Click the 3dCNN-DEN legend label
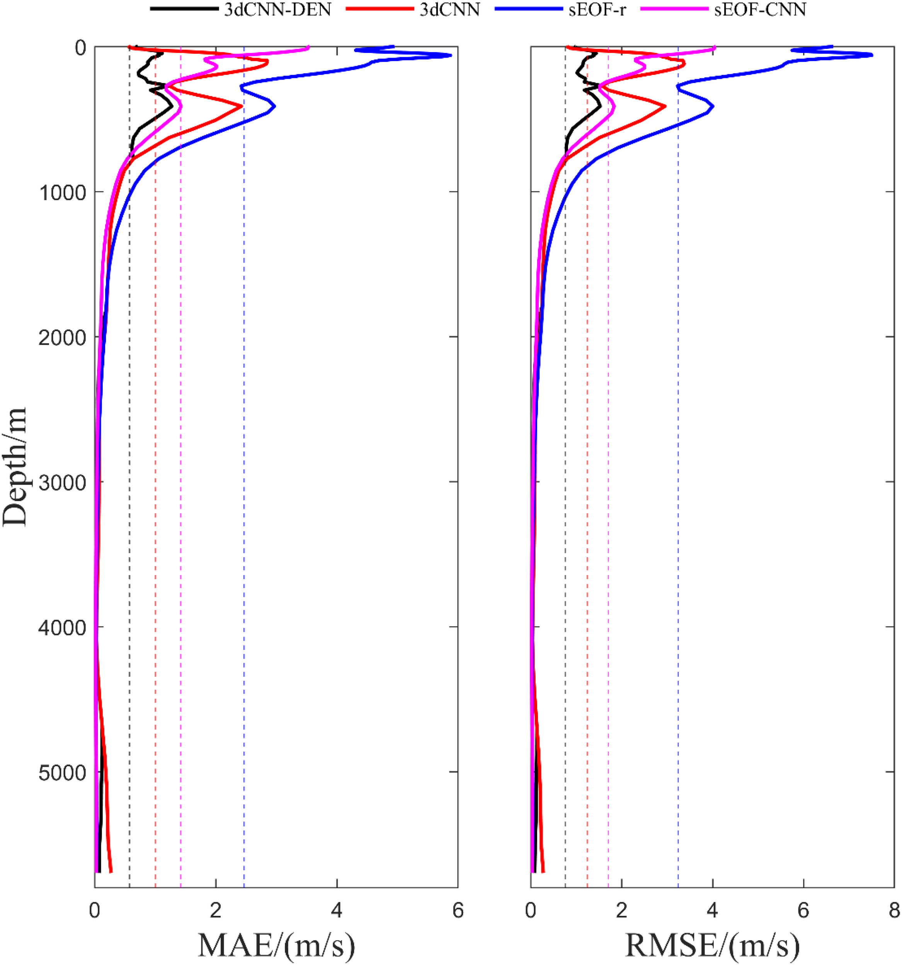click(277, 10)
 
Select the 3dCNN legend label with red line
click(449, 10)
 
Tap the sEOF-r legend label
click(597, 10)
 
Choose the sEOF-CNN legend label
click(760, 10)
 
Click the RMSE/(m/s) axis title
click(712, 945)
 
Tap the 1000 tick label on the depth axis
click(62, 193)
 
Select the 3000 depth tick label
click(62, 483)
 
